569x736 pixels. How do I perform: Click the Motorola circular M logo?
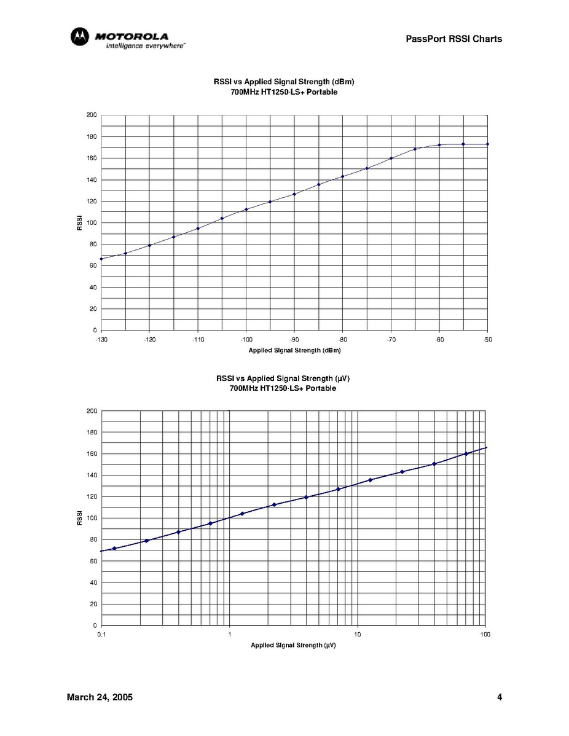[x=79, y=37]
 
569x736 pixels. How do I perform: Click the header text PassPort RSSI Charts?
[x=453, y=39]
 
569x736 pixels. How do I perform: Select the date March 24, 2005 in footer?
[x=100, y=697]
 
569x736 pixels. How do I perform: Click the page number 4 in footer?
[x=500, y=697]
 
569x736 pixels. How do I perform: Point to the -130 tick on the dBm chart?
[x=101, y=339]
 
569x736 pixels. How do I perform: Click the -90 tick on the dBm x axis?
[x=294, y=339]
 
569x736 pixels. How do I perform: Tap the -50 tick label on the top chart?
[x=487, y=339]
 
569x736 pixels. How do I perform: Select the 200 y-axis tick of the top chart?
[x=92, y=115]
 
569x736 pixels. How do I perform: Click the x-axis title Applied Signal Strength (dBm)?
[x=294, y=350]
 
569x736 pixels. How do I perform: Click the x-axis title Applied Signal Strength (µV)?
[x=293, y=645]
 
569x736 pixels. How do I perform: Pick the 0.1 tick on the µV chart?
[x=101, y=634]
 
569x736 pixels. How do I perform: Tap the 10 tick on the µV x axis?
[x=357, y=634]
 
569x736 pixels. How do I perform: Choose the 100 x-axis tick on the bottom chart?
[x=485, y=634]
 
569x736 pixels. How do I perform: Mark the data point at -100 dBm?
[x=246, y=209]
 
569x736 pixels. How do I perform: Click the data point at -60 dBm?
[x=439, y=145]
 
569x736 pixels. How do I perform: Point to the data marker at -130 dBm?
[x=101, y=259]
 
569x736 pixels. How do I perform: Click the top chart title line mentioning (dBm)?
[x=284, y=81]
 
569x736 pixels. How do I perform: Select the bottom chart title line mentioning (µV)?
[x=283, y=378]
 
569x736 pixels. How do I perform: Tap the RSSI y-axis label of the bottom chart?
[x=79, y=518]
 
